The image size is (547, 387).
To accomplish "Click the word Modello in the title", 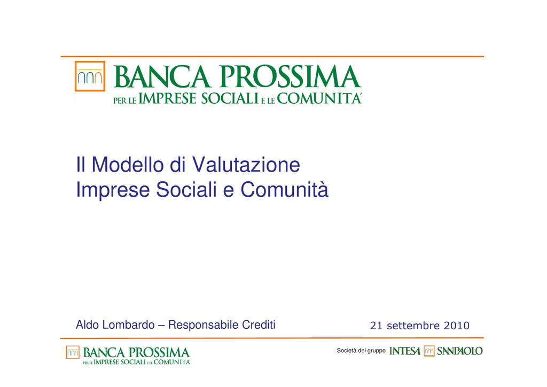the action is click(127, 164).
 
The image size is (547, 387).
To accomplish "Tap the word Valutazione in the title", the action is click(246, 164).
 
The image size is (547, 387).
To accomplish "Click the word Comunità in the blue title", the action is click(284, 189).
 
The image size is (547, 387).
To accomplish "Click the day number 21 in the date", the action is click(377, 326).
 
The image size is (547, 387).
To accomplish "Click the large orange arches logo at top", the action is click(90, 76).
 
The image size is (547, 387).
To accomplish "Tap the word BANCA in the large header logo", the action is click(162, 76).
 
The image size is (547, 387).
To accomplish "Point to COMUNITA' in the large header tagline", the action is click(319, 98).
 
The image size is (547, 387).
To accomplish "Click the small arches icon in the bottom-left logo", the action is click(73, 352).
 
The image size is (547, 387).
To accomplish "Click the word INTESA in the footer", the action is click(405, 351).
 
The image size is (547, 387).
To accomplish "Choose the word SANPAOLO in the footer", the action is click(460, 351).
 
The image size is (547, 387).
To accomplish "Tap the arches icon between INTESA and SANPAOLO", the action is click(429, 351).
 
